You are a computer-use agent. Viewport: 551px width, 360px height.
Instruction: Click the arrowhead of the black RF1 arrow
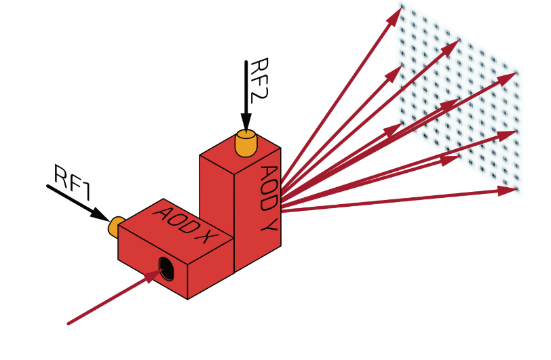102,216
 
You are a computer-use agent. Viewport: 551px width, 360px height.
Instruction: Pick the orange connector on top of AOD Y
245,142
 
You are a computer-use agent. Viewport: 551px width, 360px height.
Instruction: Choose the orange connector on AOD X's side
114,227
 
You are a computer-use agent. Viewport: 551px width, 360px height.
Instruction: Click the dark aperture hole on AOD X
165,268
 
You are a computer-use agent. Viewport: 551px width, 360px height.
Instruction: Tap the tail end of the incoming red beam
69,323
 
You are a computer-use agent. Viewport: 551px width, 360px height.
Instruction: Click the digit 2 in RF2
258,95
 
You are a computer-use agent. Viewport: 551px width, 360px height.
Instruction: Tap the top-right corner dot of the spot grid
516,73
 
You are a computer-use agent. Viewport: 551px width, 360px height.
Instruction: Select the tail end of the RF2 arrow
246,61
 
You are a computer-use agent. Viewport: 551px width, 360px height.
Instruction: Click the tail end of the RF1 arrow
47,185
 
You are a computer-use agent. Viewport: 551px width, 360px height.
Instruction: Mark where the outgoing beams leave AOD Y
281,197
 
